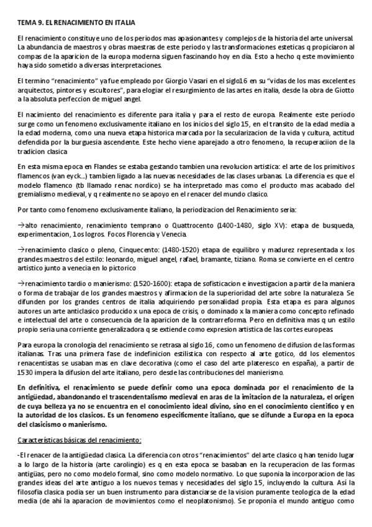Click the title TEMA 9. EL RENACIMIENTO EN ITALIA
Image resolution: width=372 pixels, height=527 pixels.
click(x=76, y=22)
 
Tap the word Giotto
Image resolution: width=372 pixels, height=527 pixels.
click(x=342, y=90)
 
